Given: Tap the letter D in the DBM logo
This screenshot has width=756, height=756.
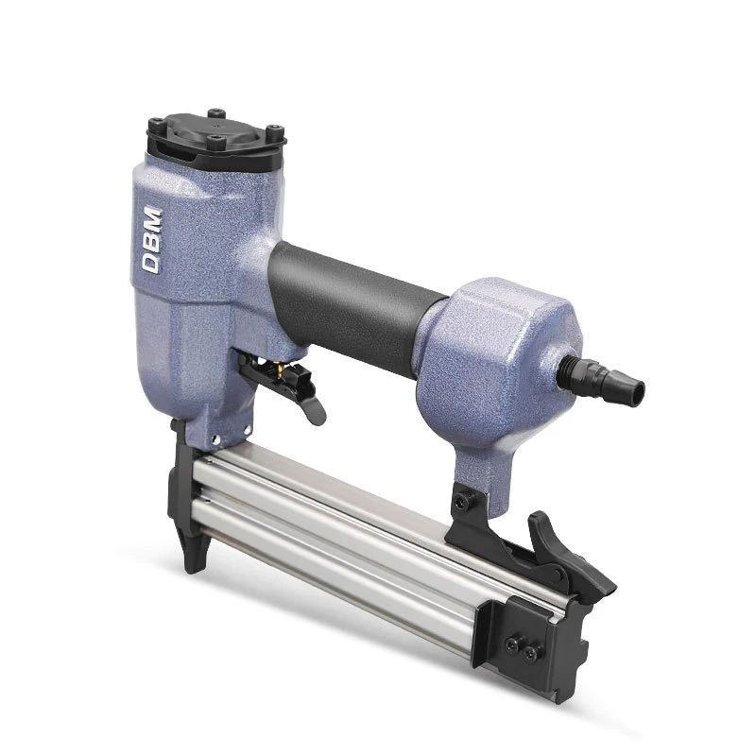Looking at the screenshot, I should click(x=151, y=265).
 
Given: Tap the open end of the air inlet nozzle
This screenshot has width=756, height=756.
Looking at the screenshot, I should click(x=638, y=387).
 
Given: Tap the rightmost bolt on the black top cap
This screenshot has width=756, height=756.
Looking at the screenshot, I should click(x=274, y=130).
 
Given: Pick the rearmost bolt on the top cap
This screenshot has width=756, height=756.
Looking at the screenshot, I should click(x=216, y=112).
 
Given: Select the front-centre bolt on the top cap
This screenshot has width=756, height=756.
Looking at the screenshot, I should click(x=216, y=143).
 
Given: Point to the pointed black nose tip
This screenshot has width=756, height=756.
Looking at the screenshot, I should click(x=192, y=561).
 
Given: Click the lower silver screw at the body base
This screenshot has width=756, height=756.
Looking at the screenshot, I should click(x=215, y=439).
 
